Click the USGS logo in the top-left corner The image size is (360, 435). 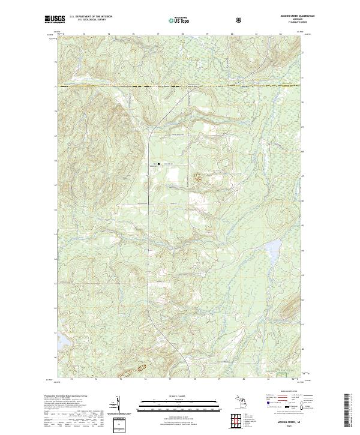pyautogui.click(x=55, y=19)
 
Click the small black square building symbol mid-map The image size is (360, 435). pyautogui.click(x=159, y=163)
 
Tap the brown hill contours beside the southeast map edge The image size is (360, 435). pyautogui.click(x=289, y=309)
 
